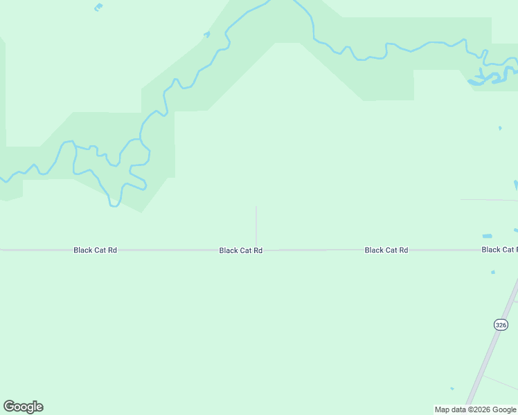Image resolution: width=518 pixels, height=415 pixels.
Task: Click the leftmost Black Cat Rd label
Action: click(x=95, y=250)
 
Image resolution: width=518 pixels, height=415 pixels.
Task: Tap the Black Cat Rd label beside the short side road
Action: click(x=240, y=250)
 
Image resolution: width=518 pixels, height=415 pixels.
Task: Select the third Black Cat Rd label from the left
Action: click(x=386, y=250)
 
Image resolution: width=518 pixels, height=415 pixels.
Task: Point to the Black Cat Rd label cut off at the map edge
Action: click(x=499, y=250)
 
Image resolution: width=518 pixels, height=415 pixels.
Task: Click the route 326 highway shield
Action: click(x=501, y=324)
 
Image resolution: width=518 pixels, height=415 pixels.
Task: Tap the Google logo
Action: click(x=23, y=407)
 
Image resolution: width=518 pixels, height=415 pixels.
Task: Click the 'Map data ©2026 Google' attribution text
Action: click(x=475, y=409)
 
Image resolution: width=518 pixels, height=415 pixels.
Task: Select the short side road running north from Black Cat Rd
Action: click(x=256, y=225)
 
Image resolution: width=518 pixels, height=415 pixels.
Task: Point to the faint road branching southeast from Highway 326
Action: click(x=500, y=382)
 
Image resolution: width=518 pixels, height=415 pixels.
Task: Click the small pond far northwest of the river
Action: click(x=98, y=8)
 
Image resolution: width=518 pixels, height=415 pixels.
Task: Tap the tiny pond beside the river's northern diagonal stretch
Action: click(x=206, y=34)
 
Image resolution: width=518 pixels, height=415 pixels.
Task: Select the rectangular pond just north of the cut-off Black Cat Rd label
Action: click(x=487, y=236)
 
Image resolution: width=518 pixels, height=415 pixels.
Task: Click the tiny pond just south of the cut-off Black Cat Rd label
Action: click(x=493, y=272)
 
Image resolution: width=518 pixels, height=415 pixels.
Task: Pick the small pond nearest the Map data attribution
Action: click(x=452, y=388)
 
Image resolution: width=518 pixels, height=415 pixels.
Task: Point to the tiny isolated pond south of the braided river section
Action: click(x=500, y=128)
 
